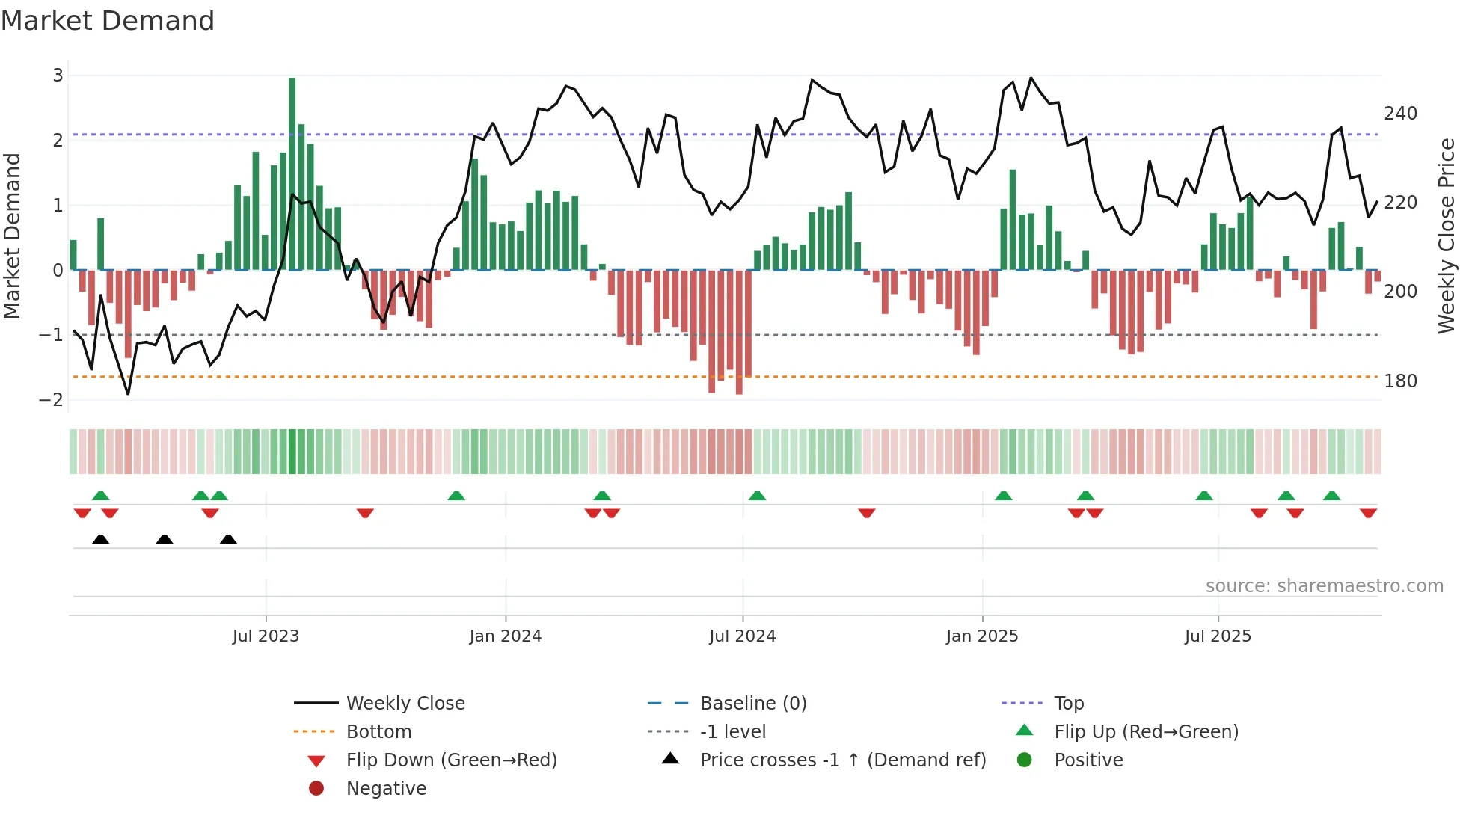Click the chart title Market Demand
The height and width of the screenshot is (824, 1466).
(108, 21)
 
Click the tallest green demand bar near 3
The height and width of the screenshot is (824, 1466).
(292, 173)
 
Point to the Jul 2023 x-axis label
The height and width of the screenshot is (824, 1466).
(266, 636)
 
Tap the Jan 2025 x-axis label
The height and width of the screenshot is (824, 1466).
(981, 636)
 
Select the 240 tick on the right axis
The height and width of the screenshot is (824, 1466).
(1400, 114)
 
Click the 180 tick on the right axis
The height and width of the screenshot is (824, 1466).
(1400, 381)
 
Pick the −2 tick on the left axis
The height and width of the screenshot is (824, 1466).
(52, 400)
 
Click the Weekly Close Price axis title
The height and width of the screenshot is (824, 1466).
(1447, 236)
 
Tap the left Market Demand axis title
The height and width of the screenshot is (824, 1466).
(12, 236)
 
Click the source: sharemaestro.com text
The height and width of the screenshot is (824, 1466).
(1324, 586)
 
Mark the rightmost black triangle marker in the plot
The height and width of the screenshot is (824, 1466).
(229, 540)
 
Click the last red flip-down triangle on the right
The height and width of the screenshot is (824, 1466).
(1369, 513)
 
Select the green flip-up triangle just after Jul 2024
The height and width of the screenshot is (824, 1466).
(757, 496)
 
